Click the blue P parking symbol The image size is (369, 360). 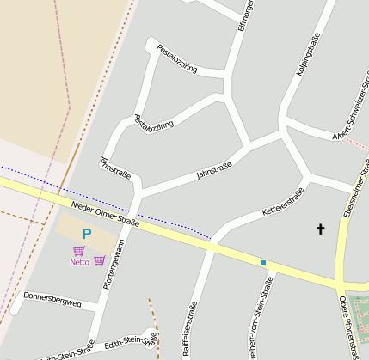[86, 234]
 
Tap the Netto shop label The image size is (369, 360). [79, 262]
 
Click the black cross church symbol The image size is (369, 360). [321, 229]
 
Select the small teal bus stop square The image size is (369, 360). [263, 262]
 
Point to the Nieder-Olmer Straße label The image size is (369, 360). [105, 215]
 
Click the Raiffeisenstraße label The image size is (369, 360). [189, 329]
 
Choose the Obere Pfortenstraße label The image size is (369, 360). [352, 326]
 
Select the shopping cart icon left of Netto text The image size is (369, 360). [79, 250]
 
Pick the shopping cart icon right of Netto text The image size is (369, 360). [100, 261]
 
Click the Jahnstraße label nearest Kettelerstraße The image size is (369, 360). [214, 170]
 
